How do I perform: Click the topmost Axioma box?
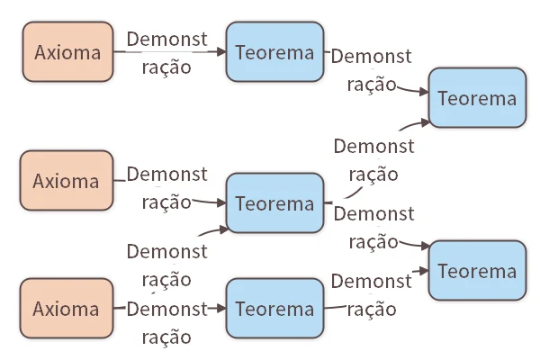pos(67,52)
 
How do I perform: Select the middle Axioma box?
pos(67,181)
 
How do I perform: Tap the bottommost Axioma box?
pos(67,309)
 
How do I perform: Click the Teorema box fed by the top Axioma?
pos(274,52)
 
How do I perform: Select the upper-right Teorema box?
pos(477,98)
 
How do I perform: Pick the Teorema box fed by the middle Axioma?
pos(274,203)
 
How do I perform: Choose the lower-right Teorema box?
pos(477,271)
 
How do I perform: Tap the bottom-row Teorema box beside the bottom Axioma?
pos(274,309)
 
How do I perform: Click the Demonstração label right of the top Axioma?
pos(166,52)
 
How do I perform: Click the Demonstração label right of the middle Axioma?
pos(166,187)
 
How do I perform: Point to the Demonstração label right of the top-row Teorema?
pos(372,70)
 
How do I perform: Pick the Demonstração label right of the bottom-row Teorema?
pos(372,294)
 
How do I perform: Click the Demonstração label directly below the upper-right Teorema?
pos(373,159)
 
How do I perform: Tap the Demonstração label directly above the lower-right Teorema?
pos(373,227)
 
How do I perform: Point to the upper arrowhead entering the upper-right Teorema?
pos(425,93)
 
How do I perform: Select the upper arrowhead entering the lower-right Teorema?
pos(425,245)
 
